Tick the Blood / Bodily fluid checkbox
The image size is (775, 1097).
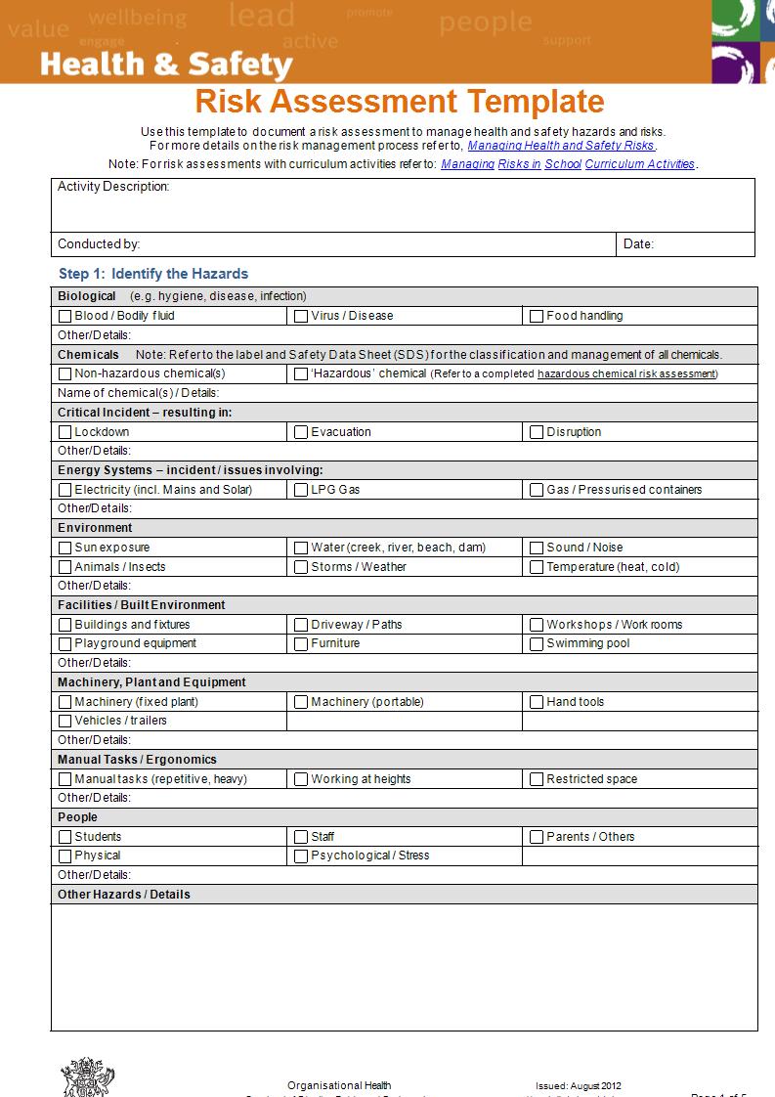[x=65, y=316]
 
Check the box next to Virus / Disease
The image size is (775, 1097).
[x=301, y=316]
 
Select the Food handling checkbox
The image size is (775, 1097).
[x=537, y=316]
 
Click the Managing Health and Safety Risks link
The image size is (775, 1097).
[x=560, y=146]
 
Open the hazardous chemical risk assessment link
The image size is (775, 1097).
[x=626, y=373]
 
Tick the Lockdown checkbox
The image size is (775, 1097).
[x=65, y=432]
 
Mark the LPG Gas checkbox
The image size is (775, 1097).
[x=301, y=490]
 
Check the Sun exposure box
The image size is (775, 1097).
[x=65, y=548]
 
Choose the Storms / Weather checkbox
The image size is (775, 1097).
[x=301, y=567]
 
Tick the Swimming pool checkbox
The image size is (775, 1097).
[x=537, y=643]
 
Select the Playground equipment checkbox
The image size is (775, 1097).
[x=65, y=643]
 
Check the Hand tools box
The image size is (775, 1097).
[x=537, y=702]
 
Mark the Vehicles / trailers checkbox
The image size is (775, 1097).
[x=65, y=721]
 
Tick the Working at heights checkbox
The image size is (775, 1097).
[x=301, y=779]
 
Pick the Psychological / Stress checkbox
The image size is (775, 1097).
[x=301, y=856]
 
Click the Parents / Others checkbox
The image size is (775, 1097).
[x=537, y=837]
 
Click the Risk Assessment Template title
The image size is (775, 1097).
[x=400, y=102]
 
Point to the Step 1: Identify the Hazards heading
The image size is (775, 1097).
[x=153, y=274]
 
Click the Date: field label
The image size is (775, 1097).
[x=638, y=244]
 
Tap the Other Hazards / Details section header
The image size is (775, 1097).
[x=124, y=895]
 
